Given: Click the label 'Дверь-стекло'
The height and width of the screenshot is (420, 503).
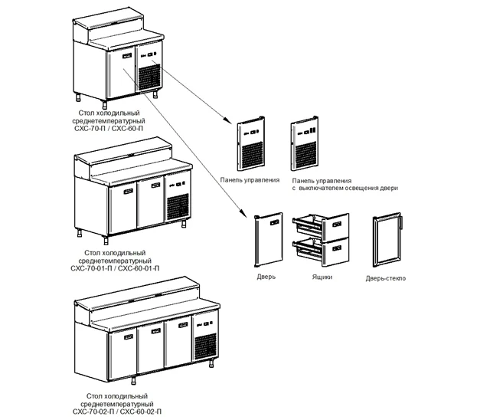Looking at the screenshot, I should tap(386, 278).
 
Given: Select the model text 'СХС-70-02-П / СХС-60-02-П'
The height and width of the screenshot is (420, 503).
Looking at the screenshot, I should tap(115, 412).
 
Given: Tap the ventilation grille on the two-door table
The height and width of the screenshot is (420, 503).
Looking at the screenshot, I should tap(178, 208).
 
